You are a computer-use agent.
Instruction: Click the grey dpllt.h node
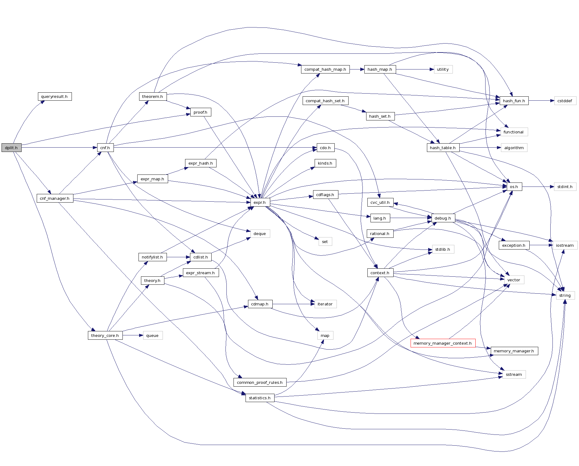[x=11, y=148]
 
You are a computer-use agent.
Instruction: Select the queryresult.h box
[x=55, y=96]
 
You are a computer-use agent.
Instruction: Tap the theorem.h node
[x=153, y=96]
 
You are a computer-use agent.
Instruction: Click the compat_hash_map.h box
[x=325, y=69]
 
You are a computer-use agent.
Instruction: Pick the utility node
[x=443, y=69]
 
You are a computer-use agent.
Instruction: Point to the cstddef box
[x=565, y=101]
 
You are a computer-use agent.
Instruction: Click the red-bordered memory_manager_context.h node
[x=443, y=343]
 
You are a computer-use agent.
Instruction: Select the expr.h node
[x=260, y=202]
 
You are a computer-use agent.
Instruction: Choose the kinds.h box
[x=325, y=163]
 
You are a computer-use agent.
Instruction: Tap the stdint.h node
[x=565, y=187]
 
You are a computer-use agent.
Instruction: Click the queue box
[x=152, y=335]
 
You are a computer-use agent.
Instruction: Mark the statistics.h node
[x=260, y=398]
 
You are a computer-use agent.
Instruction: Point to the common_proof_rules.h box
[x=260, y=382]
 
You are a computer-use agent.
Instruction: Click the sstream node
[x=514, y=374]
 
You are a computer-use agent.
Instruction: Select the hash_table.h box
[x=443, y=148]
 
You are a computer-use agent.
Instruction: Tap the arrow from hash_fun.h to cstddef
[x=541, y=101]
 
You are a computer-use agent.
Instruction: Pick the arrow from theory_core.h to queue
[x=133, y=335]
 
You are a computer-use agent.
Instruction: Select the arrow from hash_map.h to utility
[x=415, y=69]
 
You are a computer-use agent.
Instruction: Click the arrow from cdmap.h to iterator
[x=293, y=304]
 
